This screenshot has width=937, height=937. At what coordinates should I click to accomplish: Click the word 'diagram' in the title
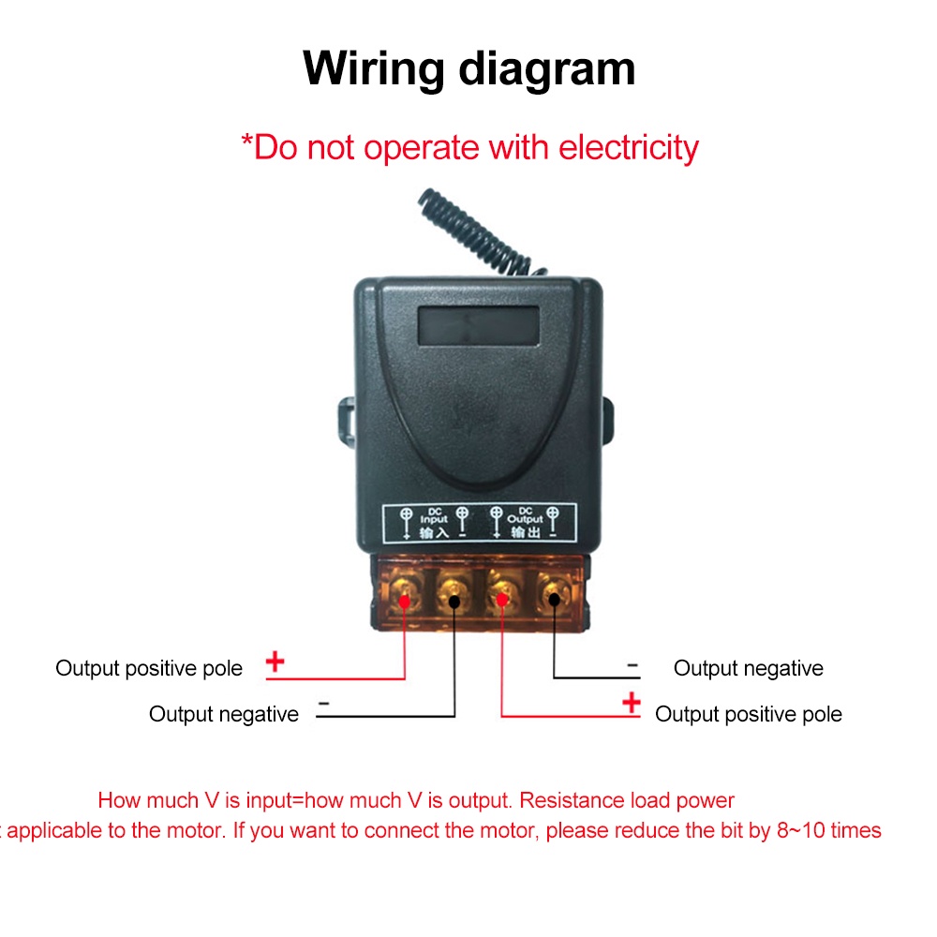pyautogui.click(x=546, y=69)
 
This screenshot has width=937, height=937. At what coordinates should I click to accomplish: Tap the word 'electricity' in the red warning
pyautogui.click(x=628, y=147)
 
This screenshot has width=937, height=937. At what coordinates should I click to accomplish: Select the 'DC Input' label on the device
pyautogui.click(x=434, y=522)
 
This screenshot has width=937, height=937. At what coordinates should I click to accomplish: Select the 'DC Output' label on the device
pyautogui.click(x=525, y=522)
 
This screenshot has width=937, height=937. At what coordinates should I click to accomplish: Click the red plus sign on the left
pyautogui.click(x=275, y=662)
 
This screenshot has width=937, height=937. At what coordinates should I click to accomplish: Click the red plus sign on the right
pyautogui.click(x=632, y=702)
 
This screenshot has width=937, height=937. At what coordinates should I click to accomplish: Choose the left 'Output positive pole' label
pyautogui.click(x=149, y=668)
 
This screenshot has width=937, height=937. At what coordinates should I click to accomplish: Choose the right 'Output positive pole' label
pyautogui.click(x=748, y=714)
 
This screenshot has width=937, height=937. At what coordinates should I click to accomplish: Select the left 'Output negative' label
pyautogui.click(x=223, y=714)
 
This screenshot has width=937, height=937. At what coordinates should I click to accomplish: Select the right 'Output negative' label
pyautogui.click(x=748, y=668)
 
